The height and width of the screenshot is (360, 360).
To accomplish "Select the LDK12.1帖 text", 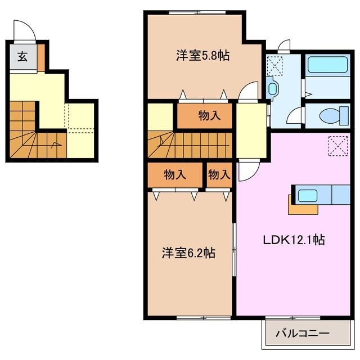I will click(294, 239).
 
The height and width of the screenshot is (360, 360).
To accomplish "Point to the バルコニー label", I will click(301, 334).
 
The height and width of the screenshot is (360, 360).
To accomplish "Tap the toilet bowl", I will click(328, 116).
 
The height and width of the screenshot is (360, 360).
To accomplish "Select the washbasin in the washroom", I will click(273, 88).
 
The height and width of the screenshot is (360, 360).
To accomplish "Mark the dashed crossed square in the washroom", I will click(275, 66).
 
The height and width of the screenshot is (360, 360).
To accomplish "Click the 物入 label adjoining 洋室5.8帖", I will click(209, 116).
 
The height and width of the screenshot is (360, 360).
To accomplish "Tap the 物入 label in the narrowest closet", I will click(219, 175).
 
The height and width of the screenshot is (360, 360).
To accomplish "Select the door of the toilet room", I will click(294, 117).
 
